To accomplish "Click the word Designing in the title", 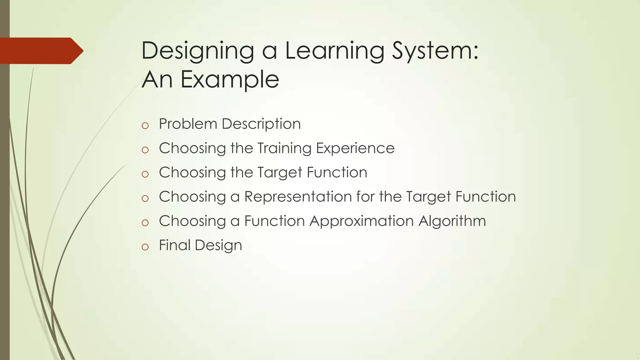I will [197, 51].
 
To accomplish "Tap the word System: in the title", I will [435, 51].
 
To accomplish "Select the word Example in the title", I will [230, 79].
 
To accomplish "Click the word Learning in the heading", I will [334, 51].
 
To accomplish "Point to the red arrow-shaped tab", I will [41, 51].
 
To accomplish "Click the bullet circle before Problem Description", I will [145, 126].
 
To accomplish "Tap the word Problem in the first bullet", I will [188, 124].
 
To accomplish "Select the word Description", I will [261, 124].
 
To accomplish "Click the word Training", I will [284, 148].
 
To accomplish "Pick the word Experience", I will [355, 148].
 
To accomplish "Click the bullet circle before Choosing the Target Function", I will [145, 174].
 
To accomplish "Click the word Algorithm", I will [452, 221].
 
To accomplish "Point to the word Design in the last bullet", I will [218, 246].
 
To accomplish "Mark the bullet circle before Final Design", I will [145, 247].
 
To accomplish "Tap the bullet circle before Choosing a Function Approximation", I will [145, 223].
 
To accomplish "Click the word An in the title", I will [157, 79].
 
